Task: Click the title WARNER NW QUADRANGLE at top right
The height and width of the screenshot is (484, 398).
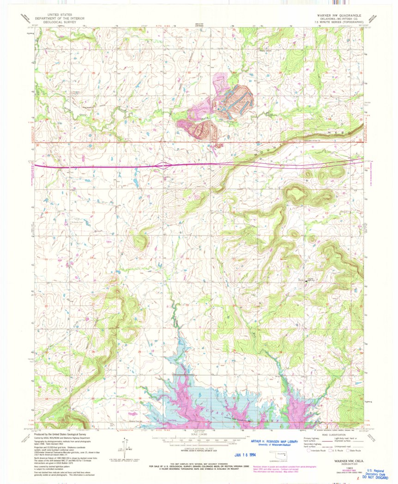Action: (328, 15)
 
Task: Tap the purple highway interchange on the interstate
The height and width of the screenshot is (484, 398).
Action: (165, 165)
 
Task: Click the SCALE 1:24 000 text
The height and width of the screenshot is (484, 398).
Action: (199, 434)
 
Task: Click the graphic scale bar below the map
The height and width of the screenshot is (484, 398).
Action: (199, 440)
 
